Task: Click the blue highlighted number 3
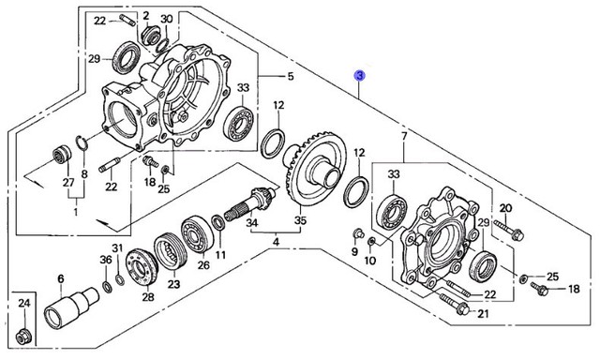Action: (360, 76)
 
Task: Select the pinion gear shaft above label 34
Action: (249, 204)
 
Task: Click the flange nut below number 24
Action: (23, 336)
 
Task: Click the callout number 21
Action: (484, 314)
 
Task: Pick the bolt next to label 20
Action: (509, 230)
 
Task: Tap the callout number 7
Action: (404, 136)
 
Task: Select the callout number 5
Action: (291, 76)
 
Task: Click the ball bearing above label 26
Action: (198, 234)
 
